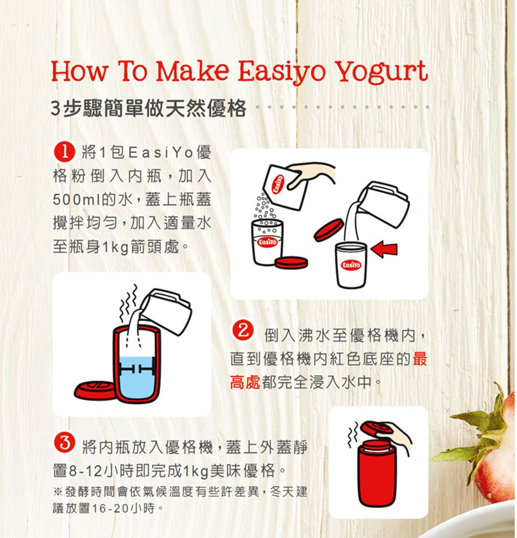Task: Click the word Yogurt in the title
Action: tap(381, 71)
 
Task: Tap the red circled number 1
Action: tap(64, 152)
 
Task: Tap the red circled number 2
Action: tap(243, 331)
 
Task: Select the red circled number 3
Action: tap(64, 443)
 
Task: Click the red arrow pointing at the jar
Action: tap(384, 249)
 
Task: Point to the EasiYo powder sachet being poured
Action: tap(283, 187)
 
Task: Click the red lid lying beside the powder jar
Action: tap(291, 262)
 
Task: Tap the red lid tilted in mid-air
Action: tap(329, 230)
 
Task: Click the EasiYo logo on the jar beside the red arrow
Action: tap(351, 265)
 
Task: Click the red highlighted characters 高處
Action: tap(245, 382)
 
